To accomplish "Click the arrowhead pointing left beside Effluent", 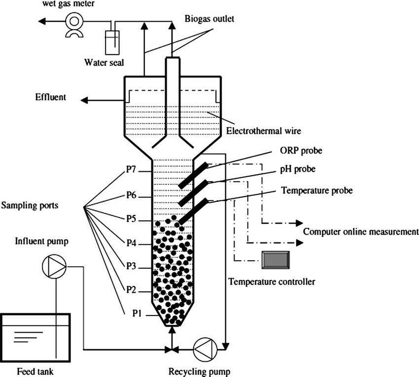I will coord(85,100).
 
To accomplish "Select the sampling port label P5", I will coord(130,220).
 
